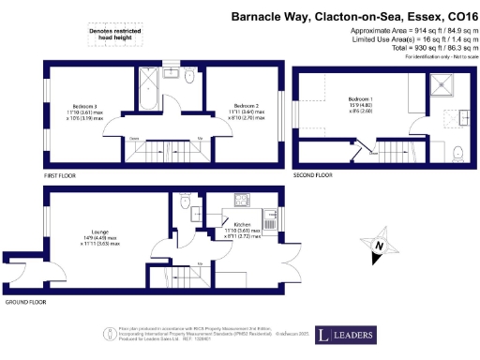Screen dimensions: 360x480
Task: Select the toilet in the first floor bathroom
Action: point(189,80)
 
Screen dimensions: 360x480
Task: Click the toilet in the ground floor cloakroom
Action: point(186,202)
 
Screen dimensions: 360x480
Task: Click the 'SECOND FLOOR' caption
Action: point(312,175)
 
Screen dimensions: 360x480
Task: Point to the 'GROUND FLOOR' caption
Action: point(26,303)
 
